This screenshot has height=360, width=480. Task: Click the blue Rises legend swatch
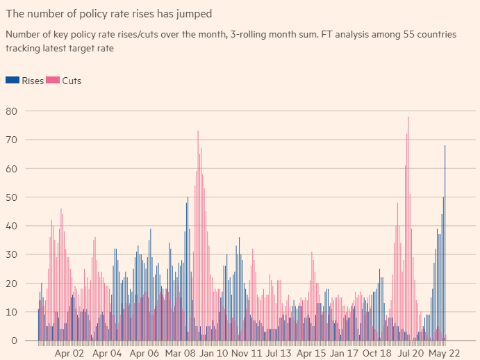(12, 81)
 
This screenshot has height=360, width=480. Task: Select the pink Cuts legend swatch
(52, 81)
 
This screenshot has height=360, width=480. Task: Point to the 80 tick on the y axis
(10, 111)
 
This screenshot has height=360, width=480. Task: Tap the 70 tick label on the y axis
(10, 140)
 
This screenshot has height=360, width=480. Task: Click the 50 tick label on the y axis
(10, 197)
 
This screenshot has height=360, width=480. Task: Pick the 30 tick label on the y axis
(10, 254)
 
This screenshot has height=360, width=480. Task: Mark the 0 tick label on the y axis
(13, 341)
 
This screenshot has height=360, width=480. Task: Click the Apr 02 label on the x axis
(69, 354)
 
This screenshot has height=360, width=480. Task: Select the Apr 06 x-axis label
(144, 354)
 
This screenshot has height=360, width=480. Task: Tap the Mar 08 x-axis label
(181, 354)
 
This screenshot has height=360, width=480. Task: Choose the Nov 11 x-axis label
(248, 354)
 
